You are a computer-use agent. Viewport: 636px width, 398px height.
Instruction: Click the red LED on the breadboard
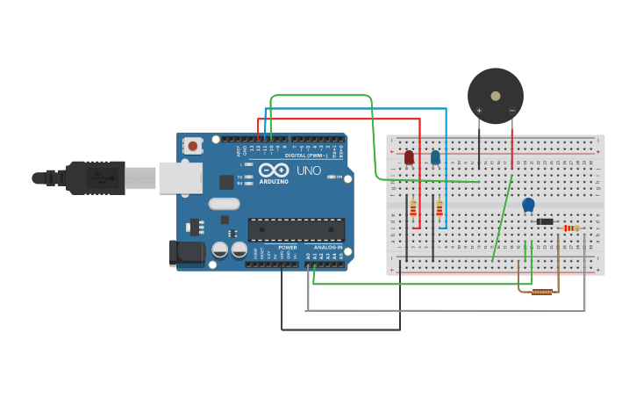tap(409, 157)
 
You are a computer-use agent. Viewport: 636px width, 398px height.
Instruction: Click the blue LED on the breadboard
tap(435, 157)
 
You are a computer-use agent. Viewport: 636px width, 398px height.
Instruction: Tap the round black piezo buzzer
tap(496, 96)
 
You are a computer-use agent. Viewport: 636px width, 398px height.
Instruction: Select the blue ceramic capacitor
tap(528, 205)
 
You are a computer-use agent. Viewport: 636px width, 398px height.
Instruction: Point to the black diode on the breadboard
tap(545, 221)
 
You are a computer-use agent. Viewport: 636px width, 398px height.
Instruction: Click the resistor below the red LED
tap(413, 207)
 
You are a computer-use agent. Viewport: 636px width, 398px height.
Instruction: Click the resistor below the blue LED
tap(439, 207)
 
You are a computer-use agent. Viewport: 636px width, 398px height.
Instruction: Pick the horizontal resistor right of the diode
tap(571, 228)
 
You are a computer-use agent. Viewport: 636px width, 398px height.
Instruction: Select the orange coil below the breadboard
tap(542, 291)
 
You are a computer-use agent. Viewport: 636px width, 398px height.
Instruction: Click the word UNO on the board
tap(309, 170)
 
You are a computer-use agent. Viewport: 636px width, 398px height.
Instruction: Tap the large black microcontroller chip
tap(296, 230)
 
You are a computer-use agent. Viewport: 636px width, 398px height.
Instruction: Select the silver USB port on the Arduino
tap(180, 177)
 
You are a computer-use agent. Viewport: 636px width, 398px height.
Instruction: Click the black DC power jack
tap(187, 253)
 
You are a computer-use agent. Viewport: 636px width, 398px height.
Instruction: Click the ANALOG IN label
tap(328, 247)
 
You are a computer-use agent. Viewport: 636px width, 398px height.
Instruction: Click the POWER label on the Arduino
tap(287, 247)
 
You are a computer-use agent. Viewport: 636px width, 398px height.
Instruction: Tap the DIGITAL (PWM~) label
tap(306, 155)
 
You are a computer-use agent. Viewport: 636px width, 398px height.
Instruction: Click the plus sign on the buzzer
tap(479, 111)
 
